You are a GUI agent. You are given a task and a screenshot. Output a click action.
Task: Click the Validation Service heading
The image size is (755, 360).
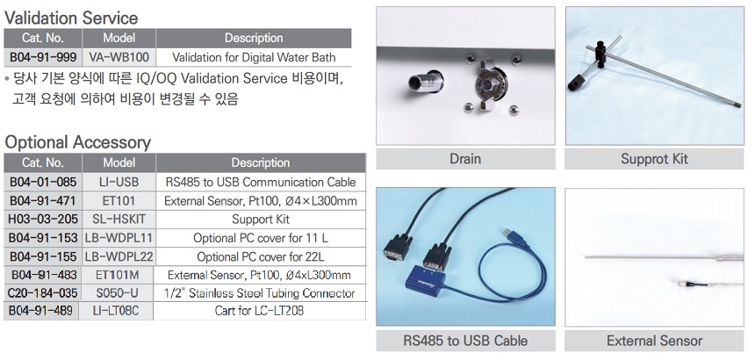[x=71, y=18]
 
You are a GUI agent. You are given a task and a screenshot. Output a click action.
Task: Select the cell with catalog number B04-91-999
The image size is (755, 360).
[x=43, y=57]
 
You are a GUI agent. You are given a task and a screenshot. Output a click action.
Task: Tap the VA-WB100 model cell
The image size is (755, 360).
[x=119, y=57]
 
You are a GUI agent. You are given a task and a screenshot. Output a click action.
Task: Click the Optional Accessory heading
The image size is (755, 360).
[x=77, y=142]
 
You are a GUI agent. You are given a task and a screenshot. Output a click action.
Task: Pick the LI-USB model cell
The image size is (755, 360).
[x=119, y=182]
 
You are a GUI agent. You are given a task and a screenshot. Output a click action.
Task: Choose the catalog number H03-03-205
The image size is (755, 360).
[x=43, y=219]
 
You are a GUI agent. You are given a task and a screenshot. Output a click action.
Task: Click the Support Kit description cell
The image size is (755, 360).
[x=261, y=220]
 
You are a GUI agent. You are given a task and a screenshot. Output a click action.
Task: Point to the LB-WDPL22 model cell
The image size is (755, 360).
[x=119, y=256]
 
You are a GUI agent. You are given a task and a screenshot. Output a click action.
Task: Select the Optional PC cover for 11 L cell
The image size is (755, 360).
[x=261, y=238]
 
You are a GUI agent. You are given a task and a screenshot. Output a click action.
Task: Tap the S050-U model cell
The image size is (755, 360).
[x=118, y=293]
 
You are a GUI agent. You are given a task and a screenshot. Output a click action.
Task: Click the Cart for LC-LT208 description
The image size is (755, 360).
[x=260, y=311]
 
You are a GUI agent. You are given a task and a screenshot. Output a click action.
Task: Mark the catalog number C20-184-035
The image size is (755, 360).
[x=43, y=293]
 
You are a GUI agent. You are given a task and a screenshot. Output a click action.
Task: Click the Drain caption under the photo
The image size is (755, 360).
[x=465, y=159]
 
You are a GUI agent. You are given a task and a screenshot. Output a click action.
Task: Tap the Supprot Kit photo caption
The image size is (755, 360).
[x=654, y=159]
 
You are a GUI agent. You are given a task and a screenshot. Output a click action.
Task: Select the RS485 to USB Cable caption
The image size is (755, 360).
[x=465, y=341]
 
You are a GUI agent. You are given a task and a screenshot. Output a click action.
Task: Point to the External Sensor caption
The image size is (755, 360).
[x=654, y=341]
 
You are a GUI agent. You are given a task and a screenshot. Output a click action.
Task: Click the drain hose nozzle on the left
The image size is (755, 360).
[x=425, y=81]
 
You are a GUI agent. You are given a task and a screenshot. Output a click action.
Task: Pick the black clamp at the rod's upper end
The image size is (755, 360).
[x=600, y=54]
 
